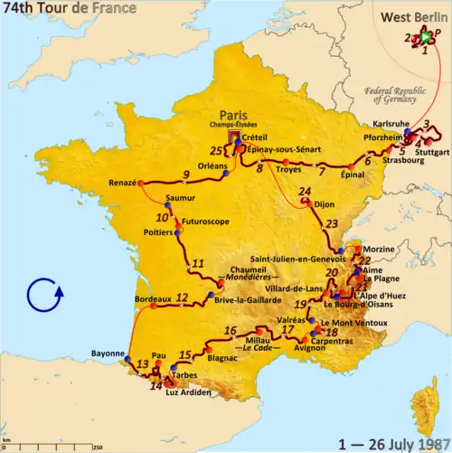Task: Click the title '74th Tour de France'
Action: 69,9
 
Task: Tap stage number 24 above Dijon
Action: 305,192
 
